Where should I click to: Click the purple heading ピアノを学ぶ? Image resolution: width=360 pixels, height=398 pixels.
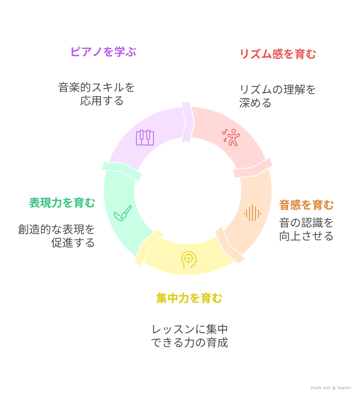[103, 52]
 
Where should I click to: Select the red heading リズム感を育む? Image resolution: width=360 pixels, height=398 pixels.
[278, 54]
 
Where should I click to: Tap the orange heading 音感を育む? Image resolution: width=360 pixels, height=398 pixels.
[306, 205]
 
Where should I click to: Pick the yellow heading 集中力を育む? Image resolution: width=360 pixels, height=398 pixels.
[189, 298]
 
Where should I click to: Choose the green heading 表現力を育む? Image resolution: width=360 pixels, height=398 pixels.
[62, 203]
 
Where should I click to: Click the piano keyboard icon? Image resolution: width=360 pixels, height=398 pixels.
[145, 138]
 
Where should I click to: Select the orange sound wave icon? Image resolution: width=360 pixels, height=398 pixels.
[252, 213]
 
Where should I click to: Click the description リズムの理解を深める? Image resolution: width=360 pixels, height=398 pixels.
[277, 96]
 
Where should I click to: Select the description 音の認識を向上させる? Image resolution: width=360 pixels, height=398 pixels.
[306, 229]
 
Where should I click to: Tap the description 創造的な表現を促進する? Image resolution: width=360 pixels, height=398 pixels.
[57, 236]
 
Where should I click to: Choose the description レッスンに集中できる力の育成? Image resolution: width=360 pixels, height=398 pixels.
[190, 336]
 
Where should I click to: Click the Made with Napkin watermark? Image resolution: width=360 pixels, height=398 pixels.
[330, 388]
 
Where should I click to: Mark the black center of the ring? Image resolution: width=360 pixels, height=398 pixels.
[188, 191]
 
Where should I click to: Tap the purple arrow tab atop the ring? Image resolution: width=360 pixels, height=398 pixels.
[187, 122]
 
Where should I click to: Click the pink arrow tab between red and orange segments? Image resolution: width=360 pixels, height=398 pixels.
[253, 168]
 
